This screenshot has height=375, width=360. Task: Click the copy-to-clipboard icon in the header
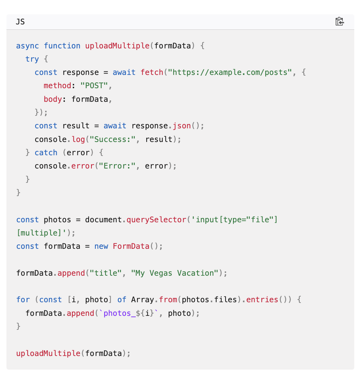click(x=339, y=22)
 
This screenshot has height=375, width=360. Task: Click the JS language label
click(x=20, y=22)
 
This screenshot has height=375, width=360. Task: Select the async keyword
click(x=28, y=46)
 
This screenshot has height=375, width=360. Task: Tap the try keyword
click(x=32, y=59)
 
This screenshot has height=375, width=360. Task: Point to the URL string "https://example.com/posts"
click(x=230, y=72)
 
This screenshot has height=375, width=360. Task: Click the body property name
click(x=53, y=99)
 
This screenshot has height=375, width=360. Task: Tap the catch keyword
click(x=46, y=153)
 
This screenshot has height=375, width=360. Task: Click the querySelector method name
click(x=157, y=219)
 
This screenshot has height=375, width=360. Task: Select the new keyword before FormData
click(x=101, y=246)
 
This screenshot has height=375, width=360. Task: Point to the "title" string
click(x=105, y=273)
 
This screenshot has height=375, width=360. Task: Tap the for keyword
click(x=23, y=300)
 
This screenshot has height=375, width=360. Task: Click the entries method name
click(x=262, y=300)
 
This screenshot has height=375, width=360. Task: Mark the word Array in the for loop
click(x=142, y=300)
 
